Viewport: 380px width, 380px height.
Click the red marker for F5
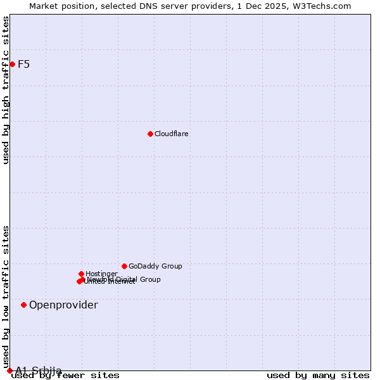12,64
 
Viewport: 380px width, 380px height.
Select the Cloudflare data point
150,134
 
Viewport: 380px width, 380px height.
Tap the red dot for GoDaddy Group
124,266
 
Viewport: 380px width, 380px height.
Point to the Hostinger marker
81,274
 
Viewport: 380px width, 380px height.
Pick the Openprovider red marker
23,305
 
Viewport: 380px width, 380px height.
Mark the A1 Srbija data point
9,370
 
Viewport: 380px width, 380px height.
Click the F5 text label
23,64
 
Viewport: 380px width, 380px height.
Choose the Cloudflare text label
172,134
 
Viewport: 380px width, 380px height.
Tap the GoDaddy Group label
155,267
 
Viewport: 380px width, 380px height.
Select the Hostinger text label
101,274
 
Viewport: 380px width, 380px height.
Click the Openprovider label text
63,305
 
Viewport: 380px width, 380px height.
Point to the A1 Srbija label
39,370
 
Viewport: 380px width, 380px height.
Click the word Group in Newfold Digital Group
149,279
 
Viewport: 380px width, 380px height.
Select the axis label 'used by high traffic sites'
6,90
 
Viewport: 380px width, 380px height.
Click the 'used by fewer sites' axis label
66,376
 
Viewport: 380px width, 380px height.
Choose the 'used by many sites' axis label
318,376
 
